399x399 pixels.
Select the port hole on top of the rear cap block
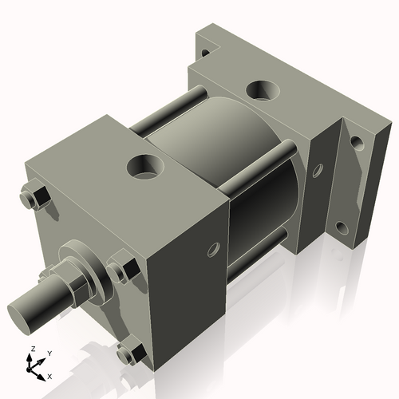[x=263, y=89]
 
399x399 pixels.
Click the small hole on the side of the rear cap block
[x=318, y=169]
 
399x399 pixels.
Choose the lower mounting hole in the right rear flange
[x=342, y=228]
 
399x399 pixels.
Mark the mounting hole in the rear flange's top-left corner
[x=206, y=53]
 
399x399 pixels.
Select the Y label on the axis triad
[x=49, y=352]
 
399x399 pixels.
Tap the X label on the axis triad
[x=50, y=375]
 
